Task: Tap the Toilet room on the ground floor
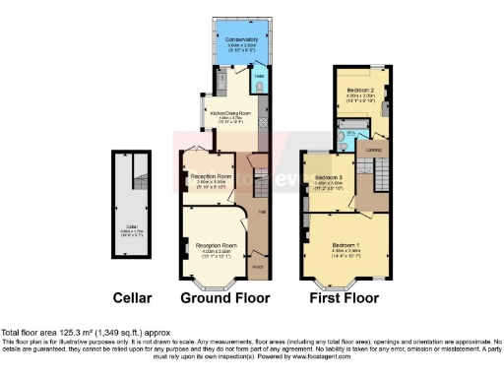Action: [258, 86]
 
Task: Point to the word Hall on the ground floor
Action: [262, 213]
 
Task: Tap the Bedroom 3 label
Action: [328, 176]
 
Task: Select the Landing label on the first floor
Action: [375, 150]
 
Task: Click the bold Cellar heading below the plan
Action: [131, 295]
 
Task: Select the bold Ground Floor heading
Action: [219, 295]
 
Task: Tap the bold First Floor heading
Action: [344, 295]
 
